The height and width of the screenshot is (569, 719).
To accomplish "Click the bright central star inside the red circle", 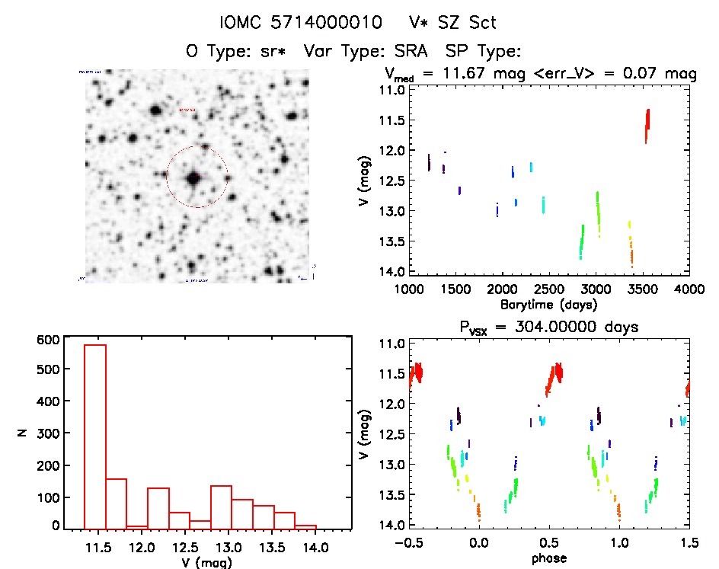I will (193, 178).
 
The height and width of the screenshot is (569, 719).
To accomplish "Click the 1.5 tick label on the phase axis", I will (689, 544).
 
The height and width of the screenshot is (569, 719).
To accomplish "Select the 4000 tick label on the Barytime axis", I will (689, 290).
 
